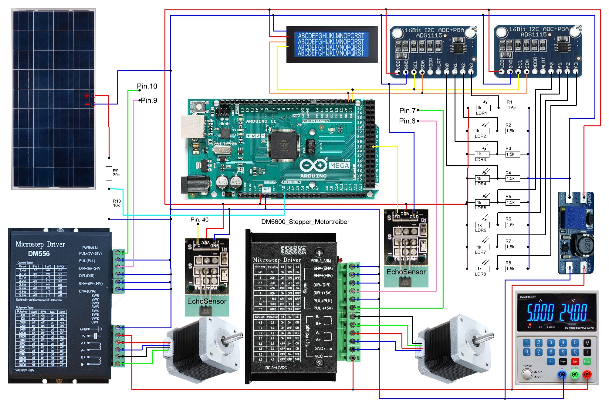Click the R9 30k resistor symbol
pos(109,173)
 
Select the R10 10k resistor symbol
pos(109,204)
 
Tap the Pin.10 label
pos(147,86)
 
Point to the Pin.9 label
pos(149,101)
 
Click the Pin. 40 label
pos(199,220)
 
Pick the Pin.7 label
pos(407,111)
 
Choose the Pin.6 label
pos(407,121)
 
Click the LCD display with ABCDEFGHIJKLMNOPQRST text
pos(332,44)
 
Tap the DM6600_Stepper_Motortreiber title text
pos(305,222)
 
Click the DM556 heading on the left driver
pos(39,254)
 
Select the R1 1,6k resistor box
pos(514,108)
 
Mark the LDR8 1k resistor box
pos(482,269)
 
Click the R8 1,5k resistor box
pos(513,269)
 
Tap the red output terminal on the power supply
pos(587,375)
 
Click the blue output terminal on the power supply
pos(562,375)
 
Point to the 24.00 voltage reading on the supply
pos(573,313)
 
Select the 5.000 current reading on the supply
pos(540,313)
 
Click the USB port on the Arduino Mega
pos(192,126)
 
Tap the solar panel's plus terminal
pos(93,96)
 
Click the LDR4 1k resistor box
pos(482,179)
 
